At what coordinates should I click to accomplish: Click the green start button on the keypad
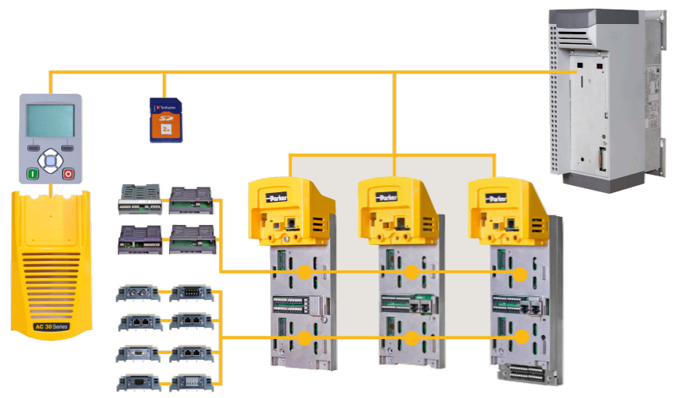tap(33, 173)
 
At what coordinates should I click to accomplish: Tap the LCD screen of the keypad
tap(50, 120)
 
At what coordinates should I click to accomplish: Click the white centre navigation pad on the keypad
tap(50, 161)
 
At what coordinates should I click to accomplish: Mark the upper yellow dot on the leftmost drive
tap(304, 273)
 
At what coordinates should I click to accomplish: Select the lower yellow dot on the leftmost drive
tap(304, 338)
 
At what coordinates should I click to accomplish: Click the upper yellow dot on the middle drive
tap(412, 273)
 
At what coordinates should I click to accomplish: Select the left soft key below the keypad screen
tap(33, 148)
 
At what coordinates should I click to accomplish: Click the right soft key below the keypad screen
tap(68, 148)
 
